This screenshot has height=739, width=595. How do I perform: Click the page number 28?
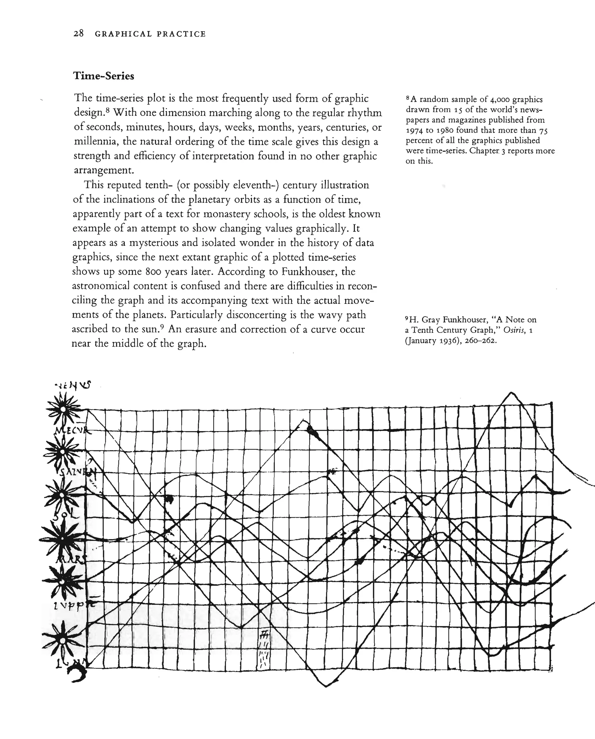tap(78, 34)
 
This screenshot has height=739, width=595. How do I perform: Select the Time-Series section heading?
tap(104, 76)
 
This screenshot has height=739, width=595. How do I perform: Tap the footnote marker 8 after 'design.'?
tap(107, 110)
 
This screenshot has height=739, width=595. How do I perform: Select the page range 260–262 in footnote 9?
tap(481, 341)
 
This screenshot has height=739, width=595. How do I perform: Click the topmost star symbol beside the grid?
tap(63, 409)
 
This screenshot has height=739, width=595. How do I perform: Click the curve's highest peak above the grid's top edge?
tap(511, 392)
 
